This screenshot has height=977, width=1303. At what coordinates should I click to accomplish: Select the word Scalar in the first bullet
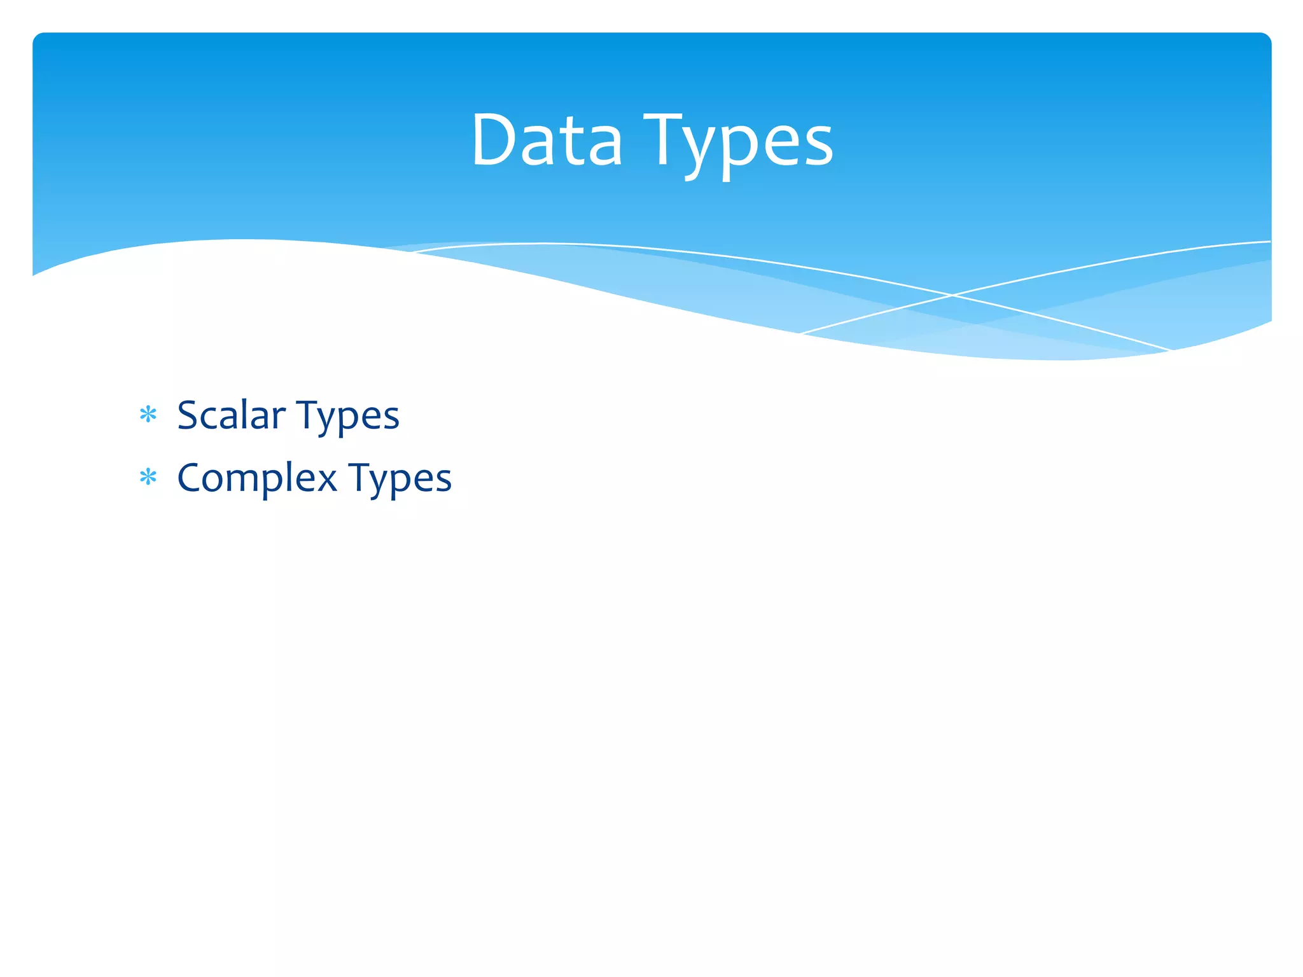[x=231, y=415]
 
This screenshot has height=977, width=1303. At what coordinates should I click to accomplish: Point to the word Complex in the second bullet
[x=257, y=478]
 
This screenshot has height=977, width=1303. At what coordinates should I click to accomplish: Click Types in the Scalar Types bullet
[x=348, y=417]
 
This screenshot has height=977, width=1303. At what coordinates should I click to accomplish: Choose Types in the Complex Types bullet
[x=400, y=480]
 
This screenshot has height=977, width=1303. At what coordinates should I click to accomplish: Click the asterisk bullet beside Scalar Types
[x=148, y=415]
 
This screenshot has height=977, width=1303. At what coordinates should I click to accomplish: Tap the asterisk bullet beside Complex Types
[x=148, y=478]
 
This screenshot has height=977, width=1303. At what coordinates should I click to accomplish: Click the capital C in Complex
[x=190, y=478]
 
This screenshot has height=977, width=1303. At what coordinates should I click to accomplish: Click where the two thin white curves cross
[x=952, y=295]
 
